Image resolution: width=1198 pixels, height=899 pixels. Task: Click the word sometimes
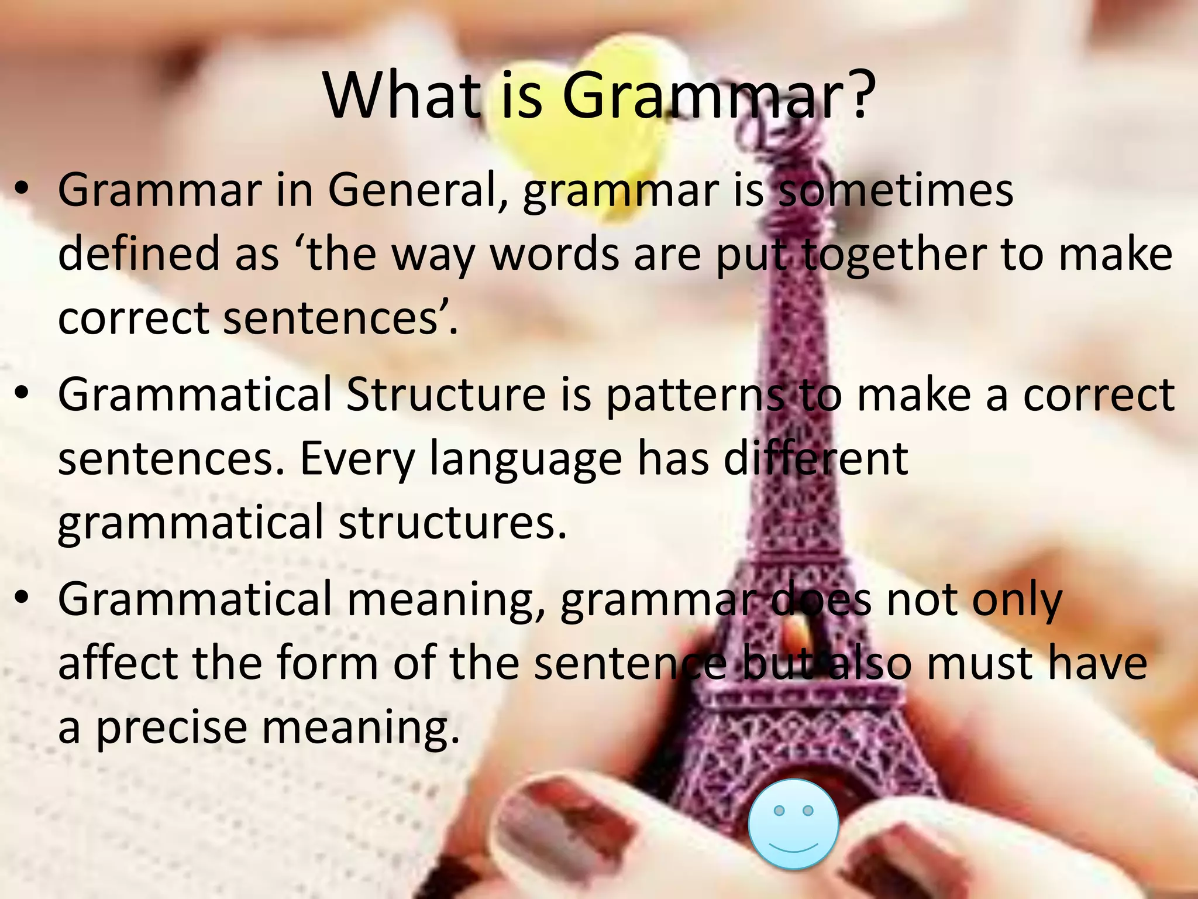coord(895,190)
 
